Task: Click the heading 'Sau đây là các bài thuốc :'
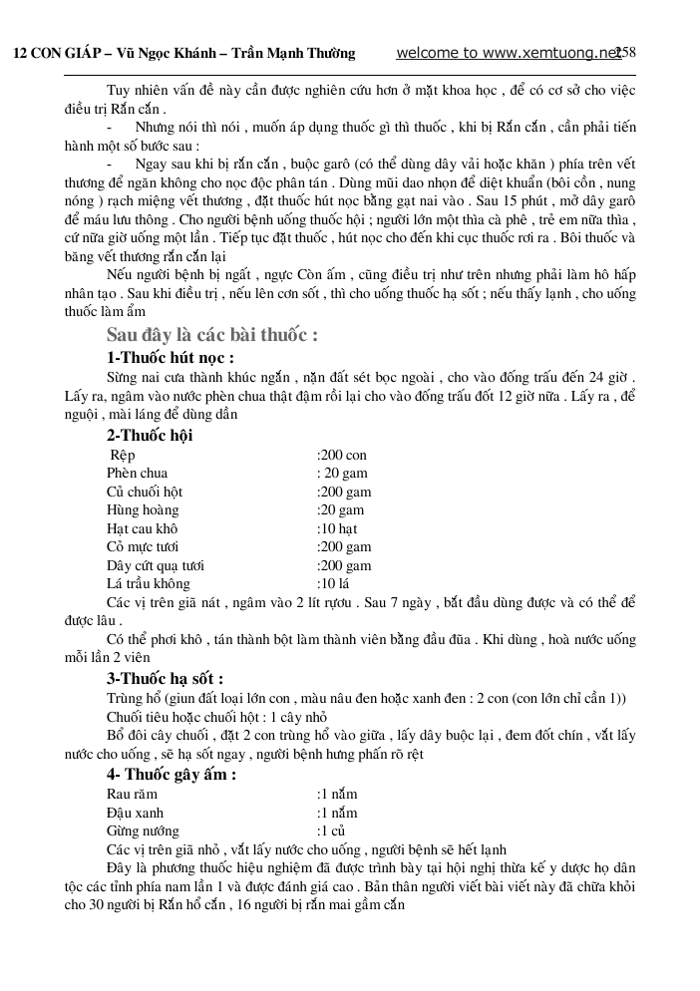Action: [211, 335]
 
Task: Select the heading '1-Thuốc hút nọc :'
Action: [170, 357]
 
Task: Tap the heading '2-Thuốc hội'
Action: [150, 435]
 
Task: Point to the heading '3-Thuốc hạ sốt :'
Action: [172, 679]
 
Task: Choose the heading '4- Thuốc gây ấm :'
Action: [172, 775]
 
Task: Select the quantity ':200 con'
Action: [342, 455]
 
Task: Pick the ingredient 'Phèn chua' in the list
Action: [137, 473]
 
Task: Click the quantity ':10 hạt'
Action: [337, 528]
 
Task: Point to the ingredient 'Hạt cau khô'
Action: [142, 528]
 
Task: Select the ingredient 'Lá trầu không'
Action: [148, 583]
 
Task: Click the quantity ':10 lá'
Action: [333, 583]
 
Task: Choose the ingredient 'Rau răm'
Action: [132, 794]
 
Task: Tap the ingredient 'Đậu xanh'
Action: [133, 813]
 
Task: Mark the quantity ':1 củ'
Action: [331, 830]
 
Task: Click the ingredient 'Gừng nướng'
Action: [143, 830]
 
